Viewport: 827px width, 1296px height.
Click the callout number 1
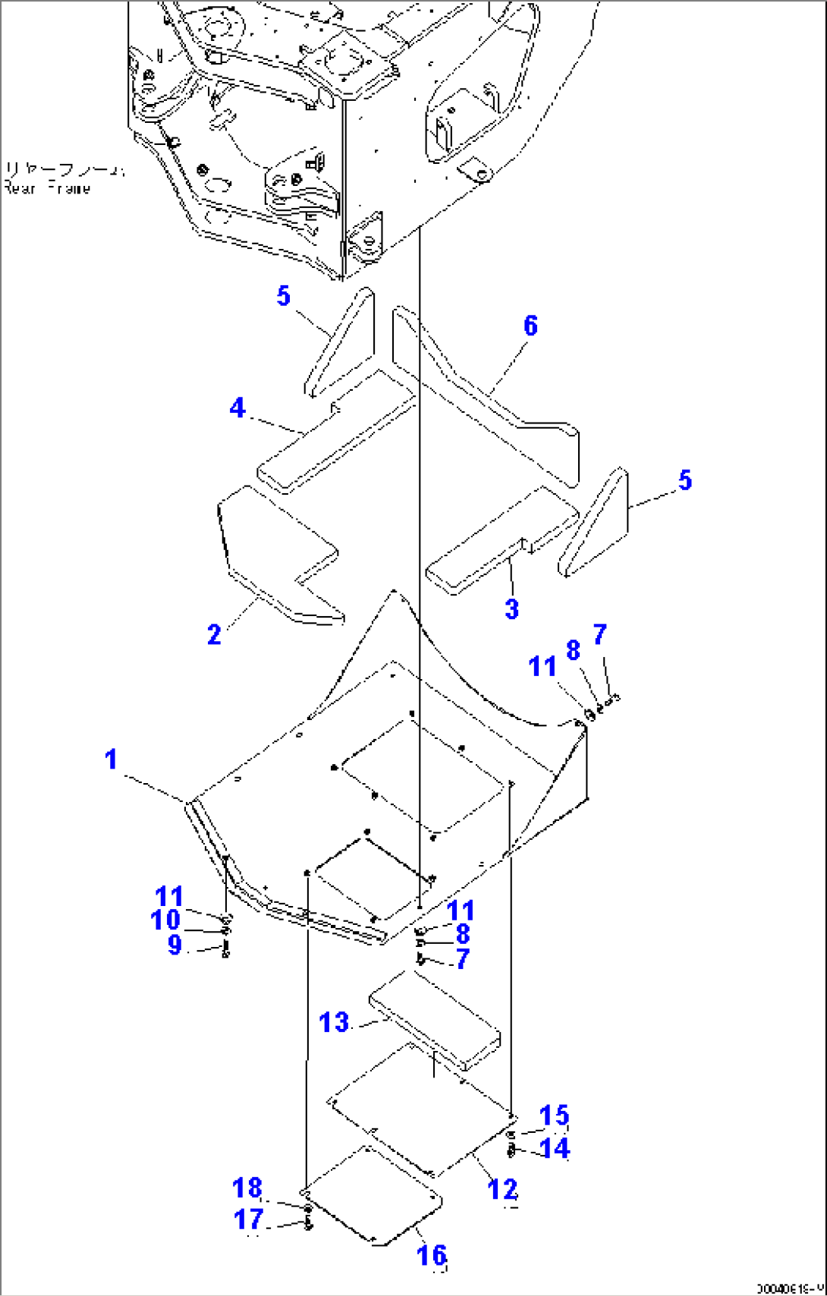click(x=112, y=760)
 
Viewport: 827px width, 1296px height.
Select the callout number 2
click(x=214, y=634)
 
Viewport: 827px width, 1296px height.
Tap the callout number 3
click(x=512, y=609)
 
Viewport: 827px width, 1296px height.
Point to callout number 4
click(x=237, y=408)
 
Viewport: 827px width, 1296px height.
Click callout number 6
click(x=530, y=326)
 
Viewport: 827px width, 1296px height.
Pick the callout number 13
click(x=334, y=1023)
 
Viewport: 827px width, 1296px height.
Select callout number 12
click(x=502, y=1189)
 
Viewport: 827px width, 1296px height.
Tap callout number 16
click(x=431, y=1255)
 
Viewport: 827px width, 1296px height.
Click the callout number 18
click(x=247, y=1187)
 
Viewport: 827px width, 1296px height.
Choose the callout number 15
click(x=555, y=1115)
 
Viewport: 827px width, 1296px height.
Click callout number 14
click(x=555, y=1148)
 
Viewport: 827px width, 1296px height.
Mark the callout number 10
click(x=165, y=920)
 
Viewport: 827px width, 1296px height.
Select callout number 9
click(x=175, y=945)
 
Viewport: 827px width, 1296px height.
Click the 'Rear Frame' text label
click(x=47, y=188)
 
